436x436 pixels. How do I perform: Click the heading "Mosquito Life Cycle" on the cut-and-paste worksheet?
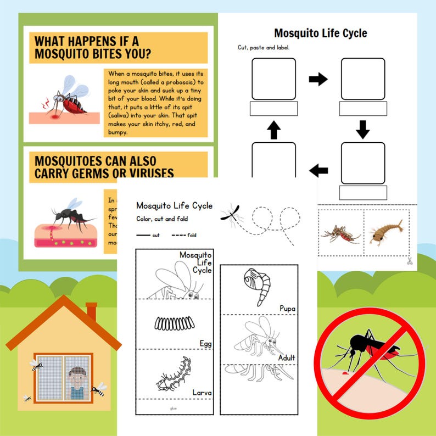point(320,33)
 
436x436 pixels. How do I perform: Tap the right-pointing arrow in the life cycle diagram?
point(318,80)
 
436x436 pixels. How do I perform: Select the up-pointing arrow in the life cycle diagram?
point(274,130)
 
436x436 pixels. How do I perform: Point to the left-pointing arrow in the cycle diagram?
point(318,171)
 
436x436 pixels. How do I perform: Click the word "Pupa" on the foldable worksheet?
point(287,309)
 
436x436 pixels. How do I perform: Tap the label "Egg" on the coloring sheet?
point(205,344)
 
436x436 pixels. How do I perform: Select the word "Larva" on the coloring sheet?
point(202,393)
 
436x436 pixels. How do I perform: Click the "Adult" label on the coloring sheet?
point(286,358)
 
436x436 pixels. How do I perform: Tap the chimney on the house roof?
point(91,312)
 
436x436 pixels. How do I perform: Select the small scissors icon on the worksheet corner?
point(410,261)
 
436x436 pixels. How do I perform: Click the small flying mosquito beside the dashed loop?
point(229,214)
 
